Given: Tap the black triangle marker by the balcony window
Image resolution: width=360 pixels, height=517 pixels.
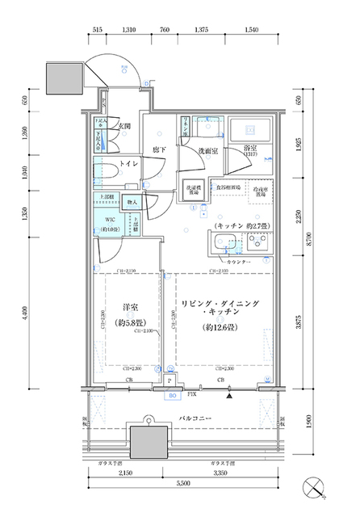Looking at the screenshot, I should coord(230,397).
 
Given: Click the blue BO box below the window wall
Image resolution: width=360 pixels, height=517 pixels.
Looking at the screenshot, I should coord(171,396).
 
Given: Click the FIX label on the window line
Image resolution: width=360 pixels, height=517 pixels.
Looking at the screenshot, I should coord(192,395).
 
